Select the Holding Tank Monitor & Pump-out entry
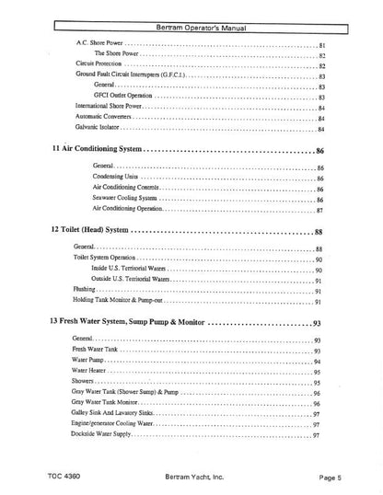click(115, 301)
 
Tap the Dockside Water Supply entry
click(101, 433)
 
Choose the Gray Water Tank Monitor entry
click(104, 402)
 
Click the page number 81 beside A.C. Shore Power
click(322, 45)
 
